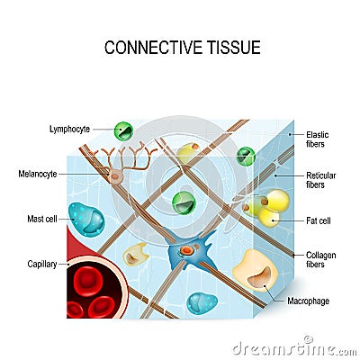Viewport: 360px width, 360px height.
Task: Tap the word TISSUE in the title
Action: [x=231, y=47]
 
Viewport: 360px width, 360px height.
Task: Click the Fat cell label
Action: [x=320, y=220]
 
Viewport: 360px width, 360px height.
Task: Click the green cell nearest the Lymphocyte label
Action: [x=125, y=130]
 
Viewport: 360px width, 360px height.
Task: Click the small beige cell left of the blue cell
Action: [x=136, y=253]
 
